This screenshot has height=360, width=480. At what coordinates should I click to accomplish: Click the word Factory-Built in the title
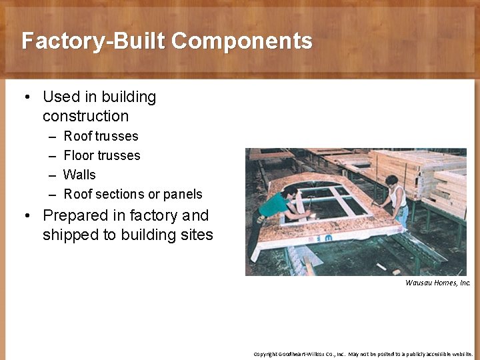click(93, 41)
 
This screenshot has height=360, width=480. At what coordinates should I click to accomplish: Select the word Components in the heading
click(242, 41)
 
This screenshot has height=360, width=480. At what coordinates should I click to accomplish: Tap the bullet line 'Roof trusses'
click(101, 136)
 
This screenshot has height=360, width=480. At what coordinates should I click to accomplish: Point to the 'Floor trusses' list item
click(102, 155)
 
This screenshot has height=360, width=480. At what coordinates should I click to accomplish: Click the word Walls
click(79, 175)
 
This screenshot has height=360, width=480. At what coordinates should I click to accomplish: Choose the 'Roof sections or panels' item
click(133, 194)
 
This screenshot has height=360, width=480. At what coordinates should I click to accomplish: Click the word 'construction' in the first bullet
click(85, 116)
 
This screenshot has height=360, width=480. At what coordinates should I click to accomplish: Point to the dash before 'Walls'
click(52, 175)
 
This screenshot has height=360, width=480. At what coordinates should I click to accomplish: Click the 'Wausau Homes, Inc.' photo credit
click(438, 283)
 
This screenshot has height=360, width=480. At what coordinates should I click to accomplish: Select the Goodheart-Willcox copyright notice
click(363, 354)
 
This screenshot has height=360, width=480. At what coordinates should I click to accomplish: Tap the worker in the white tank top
click(397, 200)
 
